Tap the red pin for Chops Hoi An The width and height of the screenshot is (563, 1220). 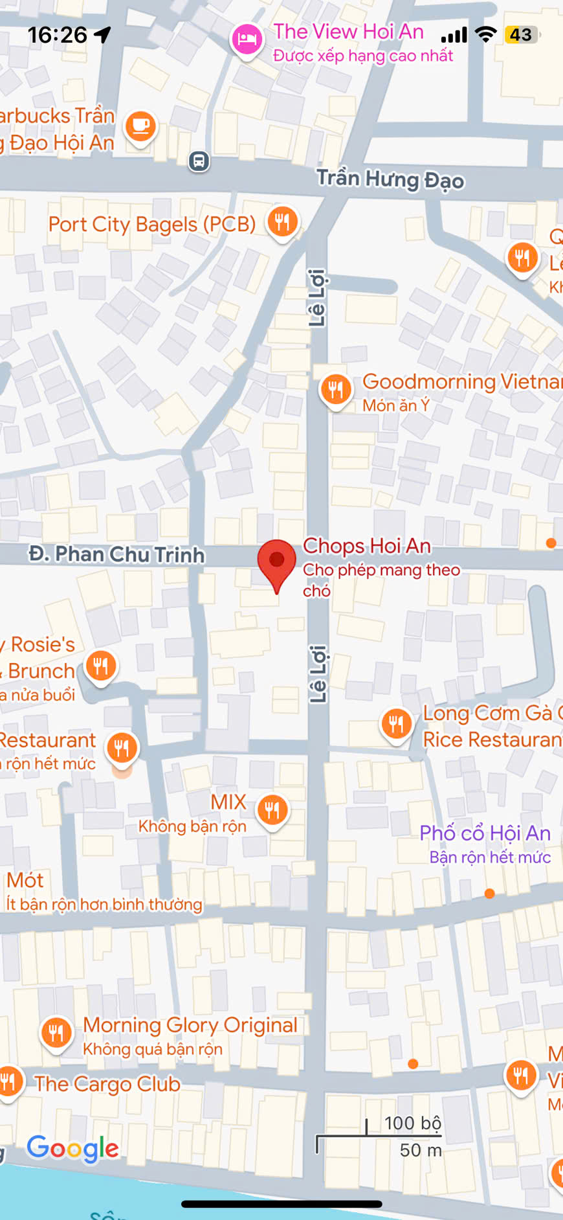276,561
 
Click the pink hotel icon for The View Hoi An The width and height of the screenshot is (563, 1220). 247,40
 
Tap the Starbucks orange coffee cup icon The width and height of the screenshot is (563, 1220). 140,125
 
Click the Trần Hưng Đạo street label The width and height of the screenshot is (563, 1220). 390,179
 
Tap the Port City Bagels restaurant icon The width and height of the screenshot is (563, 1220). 282,222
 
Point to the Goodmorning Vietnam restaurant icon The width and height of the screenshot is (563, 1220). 336,390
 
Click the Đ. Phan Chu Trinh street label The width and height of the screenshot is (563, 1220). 116,554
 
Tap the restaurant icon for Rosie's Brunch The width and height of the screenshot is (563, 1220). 101,666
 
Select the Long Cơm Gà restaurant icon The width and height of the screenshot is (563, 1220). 397,723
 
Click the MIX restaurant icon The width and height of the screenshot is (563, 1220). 272,809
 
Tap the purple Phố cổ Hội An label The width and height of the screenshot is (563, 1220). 485,833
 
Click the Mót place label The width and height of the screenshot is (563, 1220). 25,880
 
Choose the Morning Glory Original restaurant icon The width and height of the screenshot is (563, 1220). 56,1032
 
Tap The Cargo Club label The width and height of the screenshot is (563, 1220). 107,1084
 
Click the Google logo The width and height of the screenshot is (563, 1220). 72,1149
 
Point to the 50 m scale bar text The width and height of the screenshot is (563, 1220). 421,1150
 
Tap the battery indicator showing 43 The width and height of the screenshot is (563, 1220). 522,35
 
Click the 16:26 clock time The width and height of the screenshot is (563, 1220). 57,35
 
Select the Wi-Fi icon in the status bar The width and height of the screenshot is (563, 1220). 485,35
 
